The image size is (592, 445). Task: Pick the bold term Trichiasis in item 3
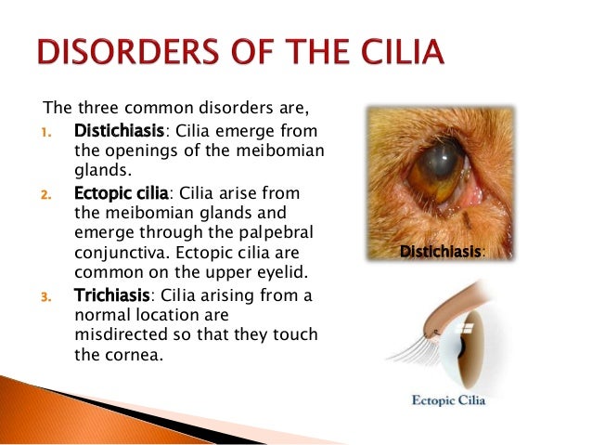pyautogui.click(x=110, y=297)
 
